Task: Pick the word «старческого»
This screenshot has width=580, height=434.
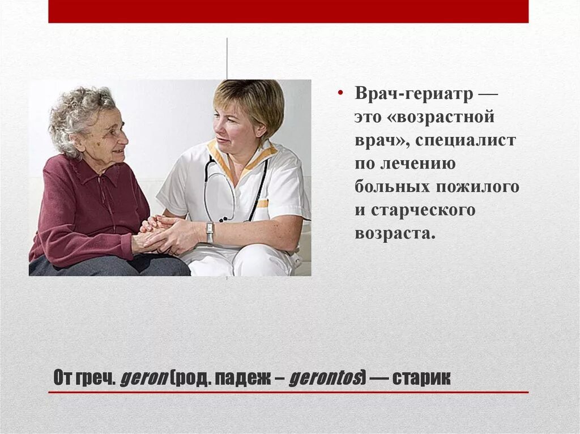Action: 423,210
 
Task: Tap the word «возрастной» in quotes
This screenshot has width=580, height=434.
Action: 446,118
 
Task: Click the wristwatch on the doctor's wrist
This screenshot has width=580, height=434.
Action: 210,232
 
